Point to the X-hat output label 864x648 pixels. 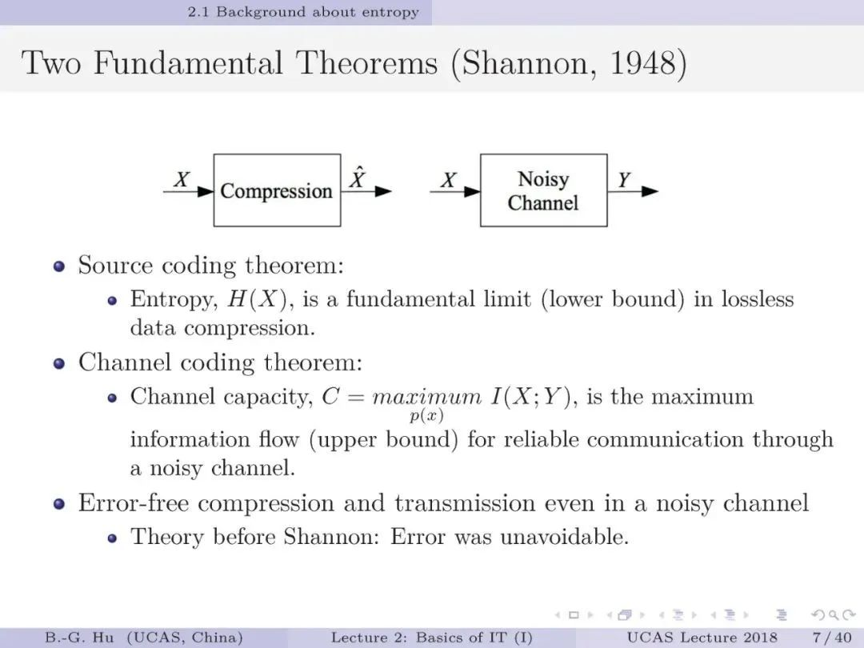(358, 177)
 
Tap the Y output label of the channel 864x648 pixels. (624, 180)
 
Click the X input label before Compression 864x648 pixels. (182, 180)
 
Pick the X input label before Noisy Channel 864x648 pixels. (449, 180)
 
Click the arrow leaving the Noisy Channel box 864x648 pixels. (633, 191)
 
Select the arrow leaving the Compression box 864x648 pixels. (366, 191)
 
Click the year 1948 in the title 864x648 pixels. (643, 62)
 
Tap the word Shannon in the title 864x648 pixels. (529, 63)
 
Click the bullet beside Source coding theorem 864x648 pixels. (59, 266)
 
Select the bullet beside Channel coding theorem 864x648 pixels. (59, 364)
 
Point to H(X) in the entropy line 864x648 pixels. (258, 299)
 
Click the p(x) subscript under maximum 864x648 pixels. (426, 415)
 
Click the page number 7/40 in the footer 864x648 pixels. (832, 638)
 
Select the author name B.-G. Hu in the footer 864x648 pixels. (79, 638)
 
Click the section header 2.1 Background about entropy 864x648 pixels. (303, 12)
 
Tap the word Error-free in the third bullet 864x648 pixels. (134, 503)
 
